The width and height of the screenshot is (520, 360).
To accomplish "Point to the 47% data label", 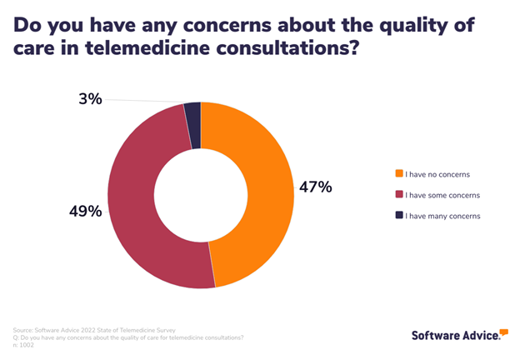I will pyautogui.click(x=315, y=187).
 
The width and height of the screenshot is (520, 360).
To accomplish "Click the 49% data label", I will pyautogui.click(x=85, y=212).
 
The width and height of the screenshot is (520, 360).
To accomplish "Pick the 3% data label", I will pyautogui.click(x=90, y=99).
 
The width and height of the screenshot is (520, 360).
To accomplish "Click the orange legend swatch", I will pyautogui.click(x=399, y=174).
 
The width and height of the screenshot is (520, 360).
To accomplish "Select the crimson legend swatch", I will pyautogui.click(x=399, y=195).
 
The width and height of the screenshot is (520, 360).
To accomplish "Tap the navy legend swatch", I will pyautogui.click(x=399, y=216).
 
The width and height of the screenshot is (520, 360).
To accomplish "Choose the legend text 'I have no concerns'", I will pyautogui.click(x=437, y=174).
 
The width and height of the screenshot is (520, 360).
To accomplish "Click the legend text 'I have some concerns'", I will pyautogui.click(x=442, y=195).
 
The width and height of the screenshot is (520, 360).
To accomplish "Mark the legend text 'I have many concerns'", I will pyautogui.click(x=442, y=216).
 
